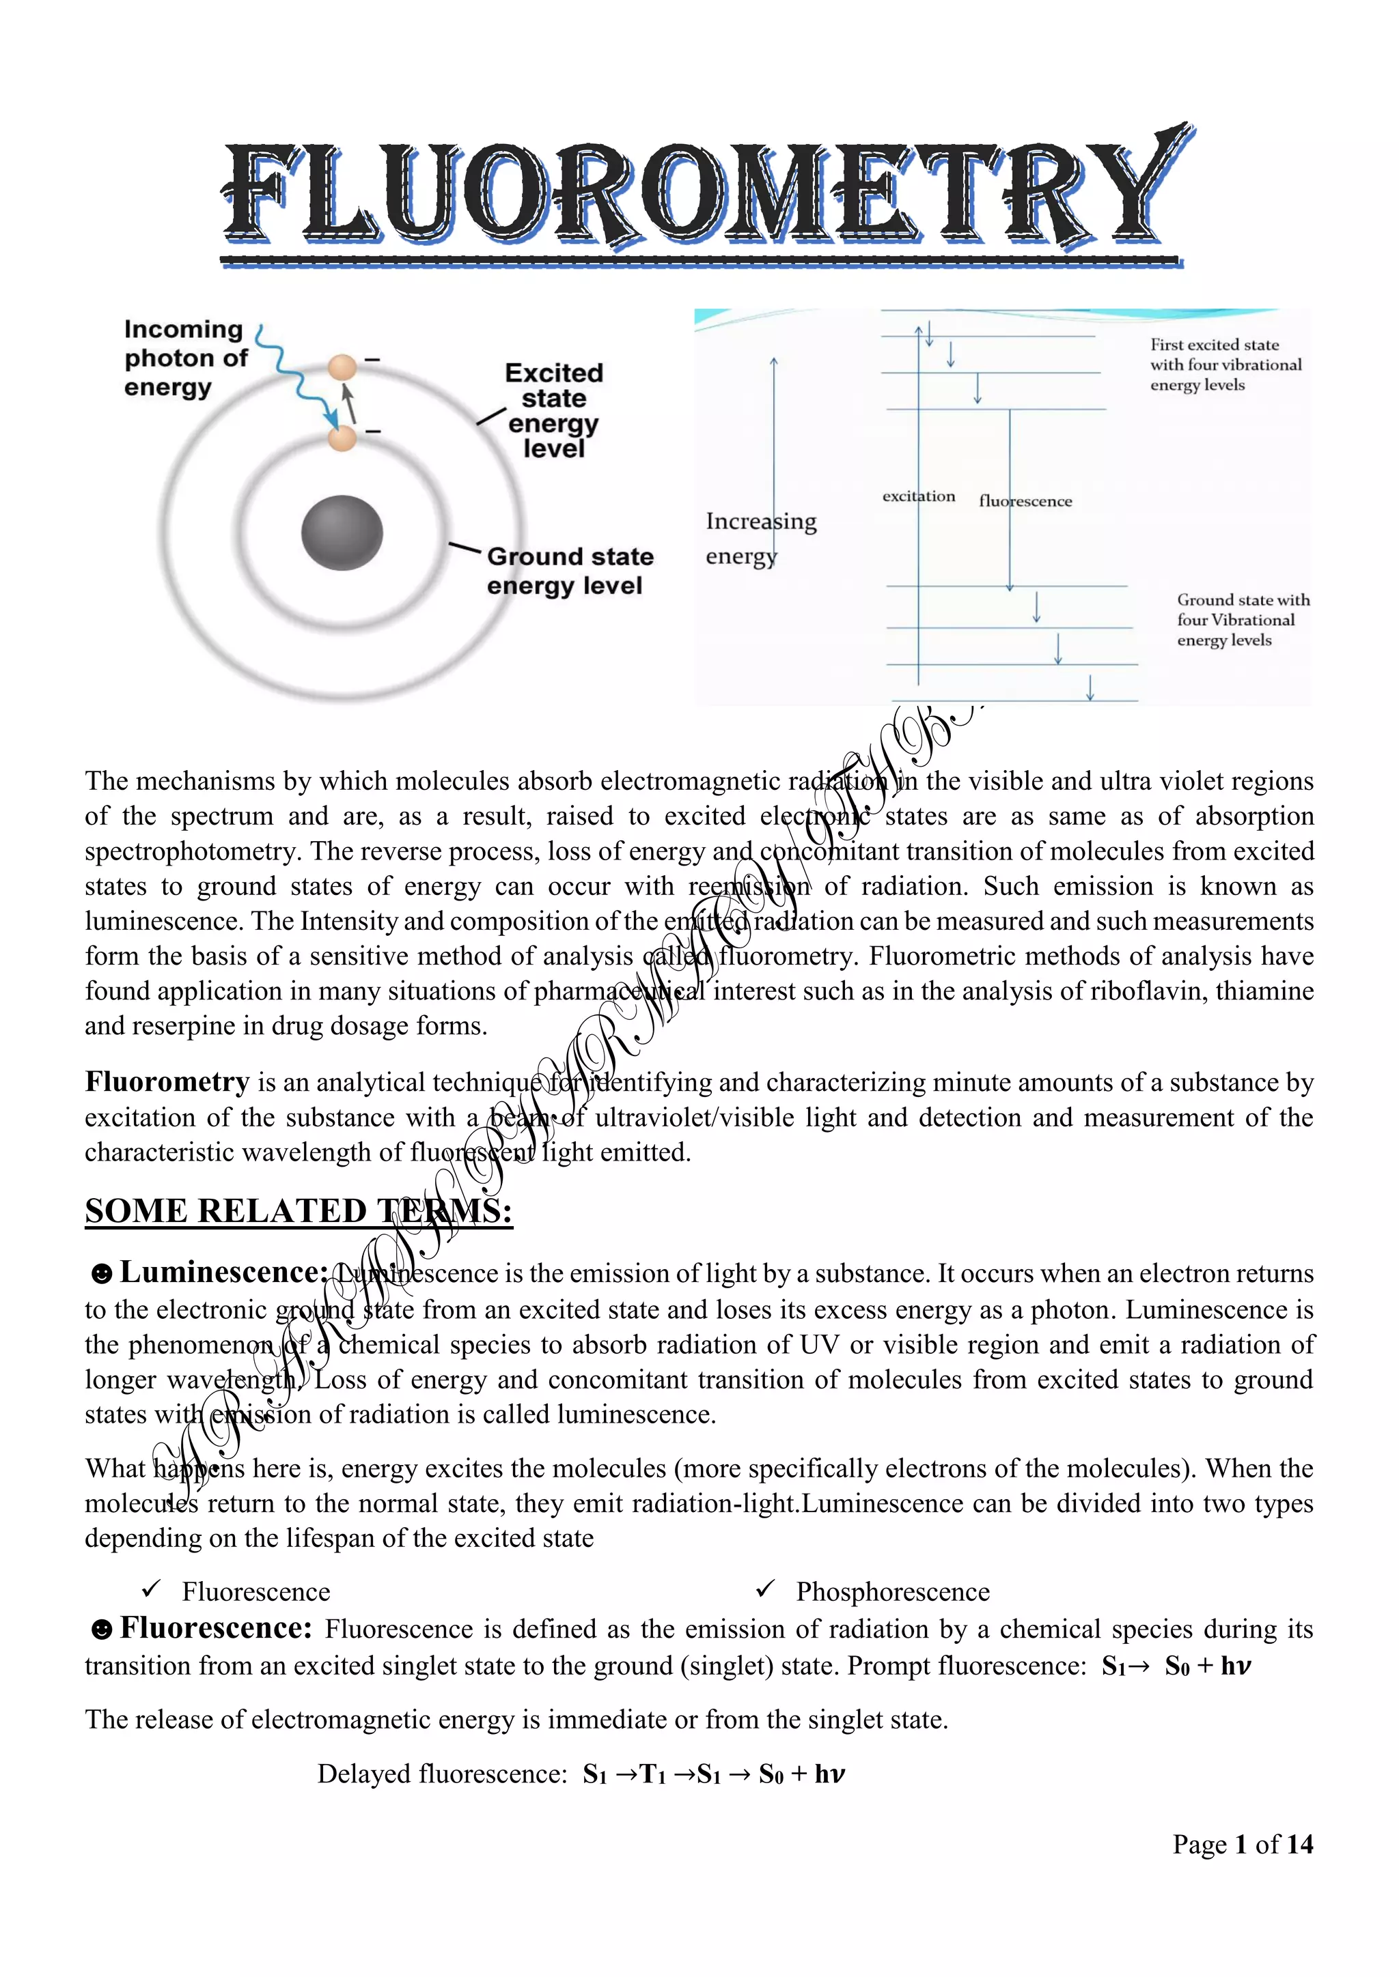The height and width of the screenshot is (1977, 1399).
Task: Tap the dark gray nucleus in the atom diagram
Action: click(342, 533)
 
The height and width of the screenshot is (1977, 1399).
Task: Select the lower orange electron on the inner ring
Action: click(342, 439)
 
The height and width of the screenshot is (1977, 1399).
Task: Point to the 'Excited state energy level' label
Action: click(553, 411)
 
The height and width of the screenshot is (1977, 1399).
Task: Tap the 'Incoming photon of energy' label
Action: click(184, 357)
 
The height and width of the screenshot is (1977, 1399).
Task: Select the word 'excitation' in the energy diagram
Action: click(918, 496)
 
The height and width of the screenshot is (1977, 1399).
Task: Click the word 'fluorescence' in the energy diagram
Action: click(1025, 501)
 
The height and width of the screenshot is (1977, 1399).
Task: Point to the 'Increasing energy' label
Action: click(759, 537)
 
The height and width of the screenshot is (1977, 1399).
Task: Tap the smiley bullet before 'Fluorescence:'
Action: click(102, 1629)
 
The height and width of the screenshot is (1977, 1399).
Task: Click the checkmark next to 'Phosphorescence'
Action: click(766, 1589)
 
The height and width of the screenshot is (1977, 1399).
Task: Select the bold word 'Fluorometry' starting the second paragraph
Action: click(167, 1081)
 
